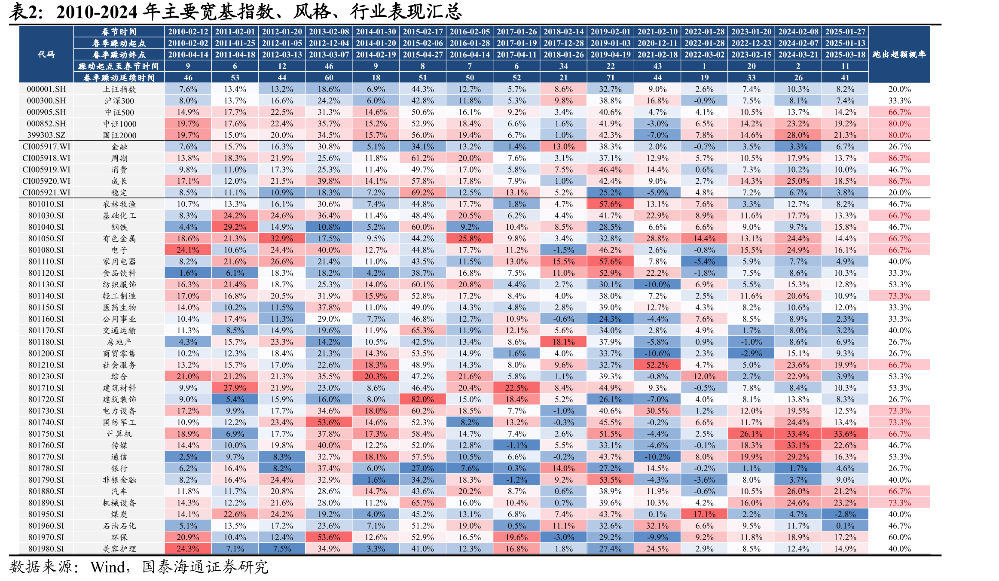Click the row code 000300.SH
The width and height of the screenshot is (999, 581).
[x=46, y=100]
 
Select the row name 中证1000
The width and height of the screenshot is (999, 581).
[x=119, y=124]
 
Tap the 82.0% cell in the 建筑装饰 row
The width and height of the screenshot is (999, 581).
[x=422, y=399]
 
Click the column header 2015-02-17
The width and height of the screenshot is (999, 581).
[x=422, y=32]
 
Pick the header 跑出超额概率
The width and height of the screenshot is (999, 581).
[x=899, y=55]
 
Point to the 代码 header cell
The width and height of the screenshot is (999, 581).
[x=46, y=55]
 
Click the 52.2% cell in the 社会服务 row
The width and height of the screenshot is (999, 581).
[x=657, y=365]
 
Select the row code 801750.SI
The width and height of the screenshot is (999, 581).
[x=46, y=434]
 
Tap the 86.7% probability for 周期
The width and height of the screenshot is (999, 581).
[x=899, y=158]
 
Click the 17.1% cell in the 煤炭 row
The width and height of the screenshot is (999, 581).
[x=704, y=514]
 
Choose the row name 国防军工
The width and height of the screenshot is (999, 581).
[x=119, y=423]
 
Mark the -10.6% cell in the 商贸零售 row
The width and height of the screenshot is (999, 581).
[x=657, y=353]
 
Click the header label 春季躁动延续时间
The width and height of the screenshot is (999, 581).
[x=119, y=78]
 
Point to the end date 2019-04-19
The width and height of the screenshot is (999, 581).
[x=610, y=55]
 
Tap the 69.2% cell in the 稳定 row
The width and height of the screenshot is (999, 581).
[x=422, y=192]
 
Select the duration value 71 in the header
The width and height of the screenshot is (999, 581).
[x=610, y=78]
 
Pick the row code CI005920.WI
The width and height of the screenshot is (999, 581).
[x=46, y=181]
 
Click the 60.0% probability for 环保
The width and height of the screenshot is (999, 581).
[x=899, y=537]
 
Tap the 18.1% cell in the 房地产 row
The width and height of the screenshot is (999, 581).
[x=563, y=342]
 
